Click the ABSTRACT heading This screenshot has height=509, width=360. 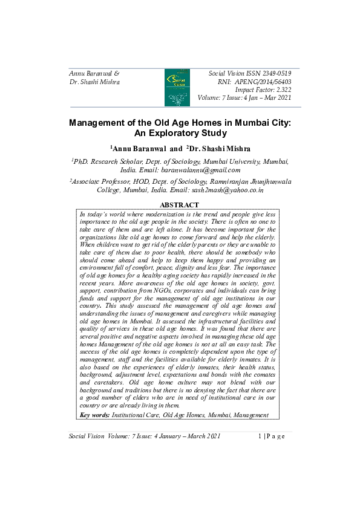coord(179,206)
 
